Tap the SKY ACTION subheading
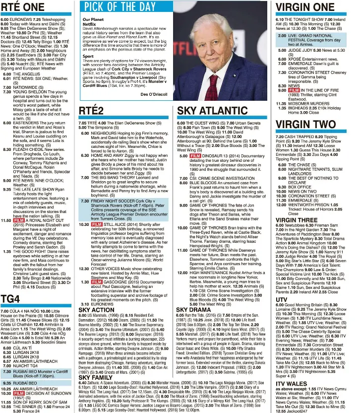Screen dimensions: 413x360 96,310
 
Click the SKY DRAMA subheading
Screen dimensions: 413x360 193,309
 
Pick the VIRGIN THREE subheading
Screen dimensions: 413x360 297,219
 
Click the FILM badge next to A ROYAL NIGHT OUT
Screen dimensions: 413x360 19,220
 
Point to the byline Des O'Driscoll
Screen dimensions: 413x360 154,94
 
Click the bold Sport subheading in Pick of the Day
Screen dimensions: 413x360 88,57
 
